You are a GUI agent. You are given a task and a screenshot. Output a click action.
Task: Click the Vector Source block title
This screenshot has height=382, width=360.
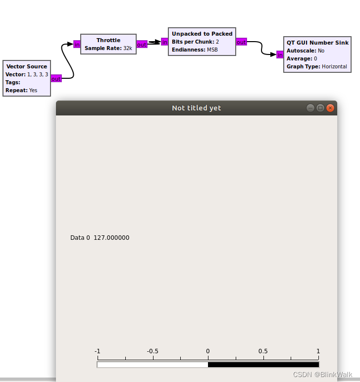point(27,66)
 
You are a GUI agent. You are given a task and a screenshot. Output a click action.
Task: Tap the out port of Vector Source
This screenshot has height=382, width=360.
point(56,78)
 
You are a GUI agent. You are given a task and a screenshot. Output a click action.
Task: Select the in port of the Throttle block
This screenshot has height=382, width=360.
point(77,44)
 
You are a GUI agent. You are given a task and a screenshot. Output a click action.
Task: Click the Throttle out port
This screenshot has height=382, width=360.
point(142,44)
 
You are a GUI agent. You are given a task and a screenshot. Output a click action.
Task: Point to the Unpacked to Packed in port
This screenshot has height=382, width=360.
point(164,42)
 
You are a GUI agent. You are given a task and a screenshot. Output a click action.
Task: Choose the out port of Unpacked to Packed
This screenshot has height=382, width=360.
point(242,42)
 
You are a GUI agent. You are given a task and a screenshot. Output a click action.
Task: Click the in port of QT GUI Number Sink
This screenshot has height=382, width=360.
point(280,55)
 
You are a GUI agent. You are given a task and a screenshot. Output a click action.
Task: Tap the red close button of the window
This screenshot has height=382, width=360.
point(330,108)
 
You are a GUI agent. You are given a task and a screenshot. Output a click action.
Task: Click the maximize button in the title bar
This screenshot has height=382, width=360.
point(320,108)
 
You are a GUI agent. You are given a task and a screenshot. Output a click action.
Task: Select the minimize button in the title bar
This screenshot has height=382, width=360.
point(310,108)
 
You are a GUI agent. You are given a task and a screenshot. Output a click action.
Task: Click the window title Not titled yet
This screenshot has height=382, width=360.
point(197,108)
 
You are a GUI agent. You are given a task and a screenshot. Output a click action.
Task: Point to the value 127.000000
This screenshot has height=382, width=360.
point(111,237)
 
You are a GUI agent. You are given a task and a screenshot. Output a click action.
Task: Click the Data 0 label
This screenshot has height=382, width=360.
point(80,237)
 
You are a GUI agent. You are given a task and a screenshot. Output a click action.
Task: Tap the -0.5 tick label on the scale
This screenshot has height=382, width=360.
point(153,351)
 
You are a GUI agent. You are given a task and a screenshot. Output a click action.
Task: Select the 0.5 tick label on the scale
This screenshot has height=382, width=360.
point(263,351)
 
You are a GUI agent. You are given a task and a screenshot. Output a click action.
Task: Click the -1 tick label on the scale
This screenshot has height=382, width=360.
point(98,351)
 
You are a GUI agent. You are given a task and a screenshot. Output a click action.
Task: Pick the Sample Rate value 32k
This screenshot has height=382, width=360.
point(128,48)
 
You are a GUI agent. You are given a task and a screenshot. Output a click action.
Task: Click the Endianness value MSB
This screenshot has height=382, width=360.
point(212,50)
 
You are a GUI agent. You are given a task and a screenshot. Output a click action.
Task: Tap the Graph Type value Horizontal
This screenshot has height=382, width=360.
point(334,66)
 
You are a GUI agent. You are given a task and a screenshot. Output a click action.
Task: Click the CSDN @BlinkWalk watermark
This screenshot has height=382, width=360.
point(322,375)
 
